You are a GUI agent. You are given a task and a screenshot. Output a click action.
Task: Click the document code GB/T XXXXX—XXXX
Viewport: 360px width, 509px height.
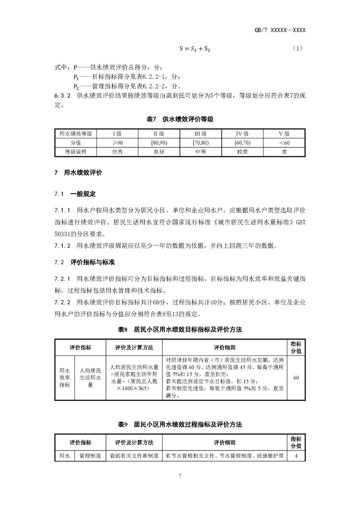(280, 30)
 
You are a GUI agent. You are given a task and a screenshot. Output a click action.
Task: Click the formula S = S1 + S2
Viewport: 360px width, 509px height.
(195, 49)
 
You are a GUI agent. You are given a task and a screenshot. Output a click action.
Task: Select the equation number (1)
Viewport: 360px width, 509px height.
(297, 48)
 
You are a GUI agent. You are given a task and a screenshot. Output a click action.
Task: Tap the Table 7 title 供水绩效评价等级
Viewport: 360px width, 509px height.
(180, 119)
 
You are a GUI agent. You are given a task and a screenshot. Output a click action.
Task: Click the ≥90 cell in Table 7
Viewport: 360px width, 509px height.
(117, 143)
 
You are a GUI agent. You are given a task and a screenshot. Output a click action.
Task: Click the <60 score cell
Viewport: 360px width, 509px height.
(284, 143)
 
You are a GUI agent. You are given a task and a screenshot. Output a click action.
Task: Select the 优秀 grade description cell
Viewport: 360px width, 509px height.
(117, 152)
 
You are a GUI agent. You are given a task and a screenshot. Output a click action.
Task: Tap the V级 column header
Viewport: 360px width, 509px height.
(284, 134)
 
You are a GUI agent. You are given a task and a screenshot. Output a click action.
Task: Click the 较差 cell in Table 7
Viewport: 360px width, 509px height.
(242, 152)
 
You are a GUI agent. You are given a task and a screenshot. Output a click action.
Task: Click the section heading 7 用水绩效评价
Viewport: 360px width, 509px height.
(78, 173)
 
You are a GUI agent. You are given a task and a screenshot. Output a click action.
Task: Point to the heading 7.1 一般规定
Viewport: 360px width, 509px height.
(75, 194)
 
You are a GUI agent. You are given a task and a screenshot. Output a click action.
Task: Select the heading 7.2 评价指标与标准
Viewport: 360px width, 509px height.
(84, 262)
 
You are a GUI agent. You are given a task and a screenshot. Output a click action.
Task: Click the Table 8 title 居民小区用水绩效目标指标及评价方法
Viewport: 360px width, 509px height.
(180, 330)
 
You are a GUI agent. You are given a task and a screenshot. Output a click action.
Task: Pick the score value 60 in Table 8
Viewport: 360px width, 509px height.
(296, 378)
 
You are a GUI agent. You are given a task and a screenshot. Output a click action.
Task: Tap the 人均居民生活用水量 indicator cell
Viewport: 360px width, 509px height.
(90, 378)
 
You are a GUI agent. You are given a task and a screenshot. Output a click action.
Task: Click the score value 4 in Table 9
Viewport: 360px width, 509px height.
(296, 456)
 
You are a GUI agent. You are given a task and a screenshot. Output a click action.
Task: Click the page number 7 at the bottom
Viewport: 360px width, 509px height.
(180, 476)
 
